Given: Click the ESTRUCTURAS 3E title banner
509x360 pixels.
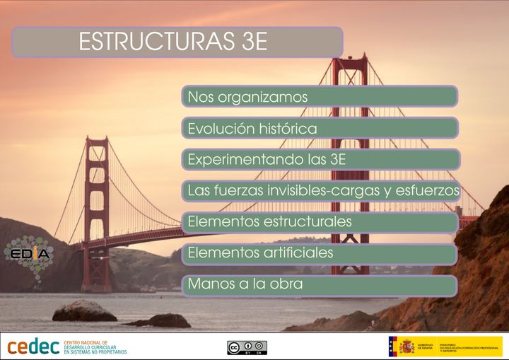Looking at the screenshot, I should coord(177,42).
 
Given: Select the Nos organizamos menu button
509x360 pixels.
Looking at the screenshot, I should coord(320,96).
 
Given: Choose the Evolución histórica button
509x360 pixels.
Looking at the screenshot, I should coord(320,128).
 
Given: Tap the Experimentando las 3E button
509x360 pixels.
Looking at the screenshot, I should coord(320,159).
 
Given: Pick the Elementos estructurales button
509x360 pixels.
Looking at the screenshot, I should coord(320,222).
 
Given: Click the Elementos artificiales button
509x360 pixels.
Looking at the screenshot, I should coord(320,253).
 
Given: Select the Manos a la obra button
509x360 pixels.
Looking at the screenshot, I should coord(320,285).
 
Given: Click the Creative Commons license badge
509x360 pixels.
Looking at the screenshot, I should coord(247,347).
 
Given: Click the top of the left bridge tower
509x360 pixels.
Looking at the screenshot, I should coord(96,141).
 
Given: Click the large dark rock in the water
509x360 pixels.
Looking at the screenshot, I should coord(84,310).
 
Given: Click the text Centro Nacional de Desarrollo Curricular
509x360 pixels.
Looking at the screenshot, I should coord(95,347).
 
